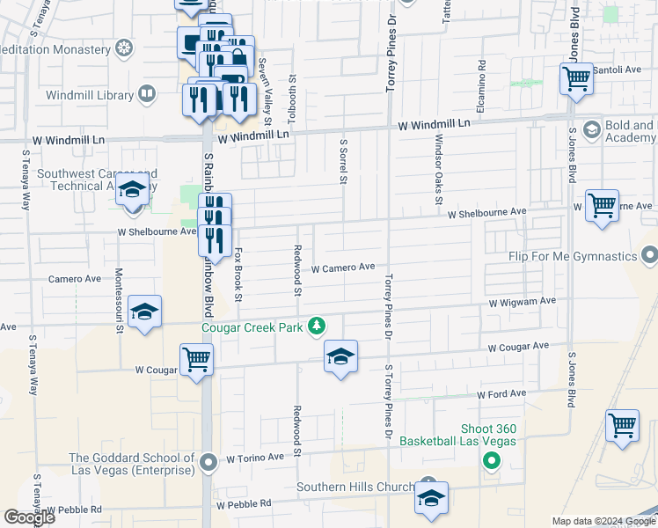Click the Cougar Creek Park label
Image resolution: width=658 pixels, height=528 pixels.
252,328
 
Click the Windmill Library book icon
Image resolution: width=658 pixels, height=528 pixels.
147,92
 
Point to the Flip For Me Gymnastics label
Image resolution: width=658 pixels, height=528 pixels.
572,256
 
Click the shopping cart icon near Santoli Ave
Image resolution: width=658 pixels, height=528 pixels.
577,78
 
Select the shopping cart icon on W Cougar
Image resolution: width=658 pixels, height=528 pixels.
195,358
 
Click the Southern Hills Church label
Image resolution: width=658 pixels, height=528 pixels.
355,488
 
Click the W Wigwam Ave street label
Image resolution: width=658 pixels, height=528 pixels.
523,301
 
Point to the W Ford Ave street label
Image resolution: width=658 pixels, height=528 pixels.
501,393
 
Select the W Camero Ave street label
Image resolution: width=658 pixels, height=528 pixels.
343,267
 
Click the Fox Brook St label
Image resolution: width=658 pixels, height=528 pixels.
238,273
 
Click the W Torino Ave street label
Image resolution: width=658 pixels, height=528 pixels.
255,458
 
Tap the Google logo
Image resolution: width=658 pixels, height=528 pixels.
29,517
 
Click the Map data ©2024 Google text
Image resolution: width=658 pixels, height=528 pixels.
601,521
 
